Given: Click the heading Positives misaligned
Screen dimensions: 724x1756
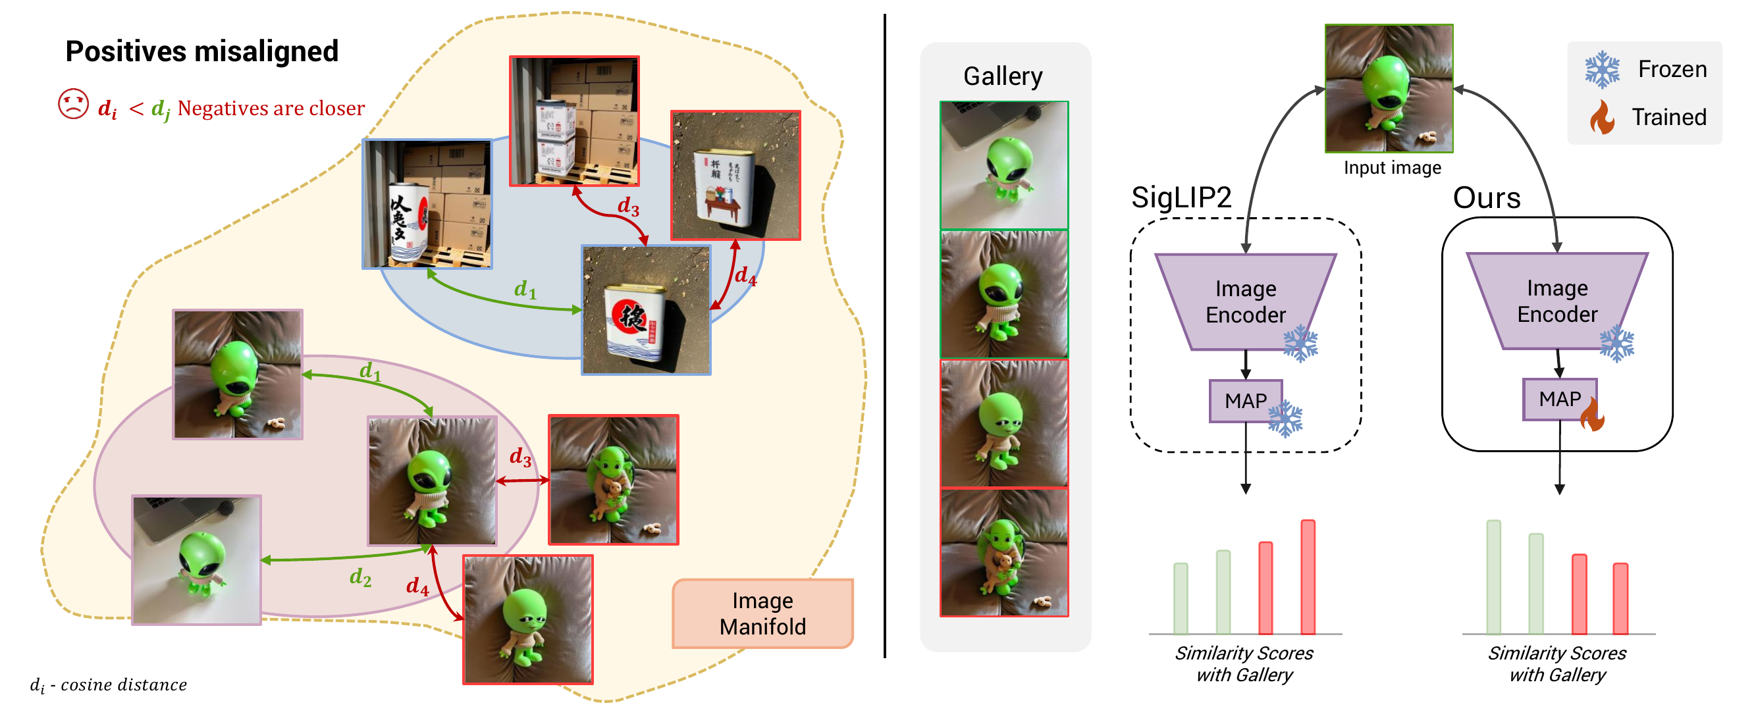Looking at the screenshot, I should point(201,51).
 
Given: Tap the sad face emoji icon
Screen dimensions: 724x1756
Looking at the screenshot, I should point(73,104).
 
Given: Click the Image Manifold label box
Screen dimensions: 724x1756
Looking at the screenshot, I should point(762,613).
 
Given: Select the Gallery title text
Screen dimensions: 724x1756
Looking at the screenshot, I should point(1002,76).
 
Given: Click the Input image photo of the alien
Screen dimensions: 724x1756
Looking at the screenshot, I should point(1388,88).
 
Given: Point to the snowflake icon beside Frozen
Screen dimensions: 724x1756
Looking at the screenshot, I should point(1601,70).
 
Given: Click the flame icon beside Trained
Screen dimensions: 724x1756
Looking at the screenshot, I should point(1601,117).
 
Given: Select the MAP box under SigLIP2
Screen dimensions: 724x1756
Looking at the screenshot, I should point(1245,401).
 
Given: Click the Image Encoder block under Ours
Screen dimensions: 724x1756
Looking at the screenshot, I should point(1556,301).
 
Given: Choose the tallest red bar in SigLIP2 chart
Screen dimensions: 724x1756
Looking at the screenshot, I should point(1307,577).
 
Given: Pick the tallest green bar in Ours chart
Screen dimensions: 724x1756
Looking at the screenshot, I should point(1493,577).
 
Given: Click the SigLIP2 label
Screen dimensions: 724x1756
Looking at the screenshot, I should point(1181,197).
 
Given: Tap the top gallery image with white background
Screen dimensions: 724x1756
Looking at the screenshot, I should point(1003,165).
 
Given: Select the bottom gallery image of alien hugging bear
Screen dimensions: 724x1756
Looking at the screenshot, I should point(1003,552).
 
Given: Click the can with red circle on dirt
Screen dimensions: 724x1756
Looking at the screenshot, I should point(645,310).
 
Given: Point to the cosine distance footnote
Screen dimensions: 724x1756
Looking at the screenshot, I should point(109,685).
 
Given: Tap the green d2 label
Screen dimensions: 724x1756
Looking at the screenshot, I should point(360,577).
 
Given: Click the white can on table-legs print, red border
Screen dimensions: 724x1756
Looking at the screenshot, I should point(735,175).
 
